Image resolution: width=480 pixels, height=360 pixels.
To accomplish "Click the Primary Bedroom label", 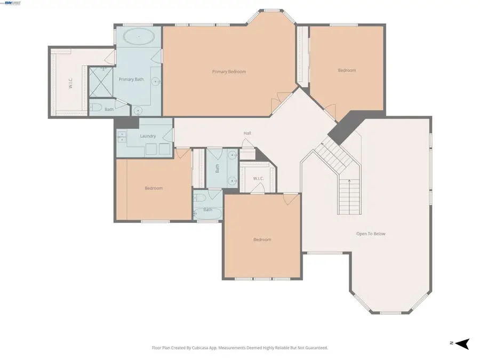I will tap(229, 71).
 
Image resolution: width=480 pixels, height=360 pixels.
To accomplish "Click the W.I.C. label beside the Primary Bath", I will tap(70, 84).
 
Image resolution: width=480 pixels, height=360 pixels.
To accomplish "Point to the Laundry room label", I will tap(148, 136).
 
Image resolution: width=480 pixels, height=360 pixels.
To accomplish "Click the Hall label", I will tap(247, 133).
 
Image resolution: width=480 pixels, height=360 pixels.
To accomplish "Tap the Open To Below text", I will tap(371, 234).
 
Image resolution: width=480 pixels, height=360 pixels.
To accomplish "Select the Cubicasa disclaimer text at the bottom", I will tap(240, 348).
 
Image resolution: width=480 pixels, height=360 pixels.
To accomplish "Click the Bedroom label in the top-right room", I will tap(347, 70).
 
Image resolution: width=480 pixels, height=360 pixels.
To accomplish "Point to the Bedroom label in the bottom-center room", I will tap(262, 239).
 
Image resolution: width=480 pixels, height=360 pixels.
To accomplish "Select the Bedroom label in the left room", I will tap(154, 188).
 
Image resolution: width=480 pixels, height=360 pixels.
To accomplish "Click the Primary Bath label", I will tap(131, 79).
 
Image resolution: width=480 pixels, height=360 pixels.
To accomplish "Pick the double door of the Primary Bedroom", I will tap(279, 100).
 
